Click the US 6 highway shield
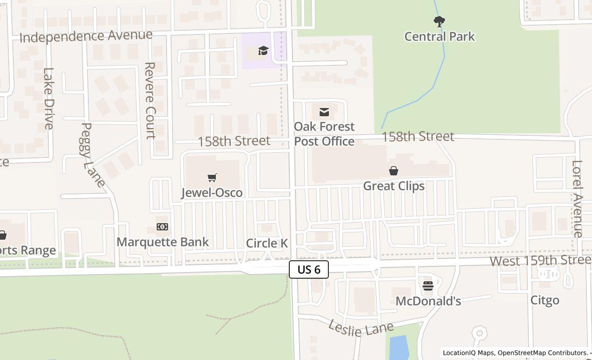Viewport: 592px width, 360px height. [308, 269]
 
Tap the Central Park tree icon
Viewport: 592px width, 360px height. [439, 22]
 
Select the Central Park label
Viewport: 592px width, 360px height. [439, 37]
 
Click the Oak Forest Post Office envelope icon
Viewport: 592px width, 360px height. [324, 112]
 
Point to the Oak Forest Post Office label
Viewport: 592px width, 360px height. [324, 134]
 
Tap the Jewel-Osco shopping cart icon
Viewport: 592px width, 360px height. [212, 178]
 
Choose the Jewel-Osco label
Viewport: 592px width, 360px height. [212, 192]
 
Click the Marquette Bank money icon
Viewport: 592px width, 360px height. [162, 227]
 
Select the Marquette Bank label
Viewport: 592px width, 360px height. [163, 242]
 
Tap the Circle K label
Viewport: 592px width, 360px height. [267, 243]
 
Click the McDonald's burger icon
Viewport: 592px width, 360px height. [428, 286]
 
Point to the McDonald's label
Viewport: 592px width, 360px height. [428, 301]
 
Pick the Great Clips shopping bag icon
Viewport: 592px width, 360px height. [394, 171]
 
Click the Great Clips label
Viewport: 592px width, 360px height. [394, 186]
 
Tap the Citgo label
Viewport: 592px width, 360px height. [545, 300]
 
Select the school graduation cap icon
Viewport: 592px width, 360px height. [263, 50]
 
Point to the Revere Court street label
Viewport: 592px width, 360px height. [150, 101]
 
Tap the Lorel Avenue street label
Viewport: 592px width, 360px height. [577, 199]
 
